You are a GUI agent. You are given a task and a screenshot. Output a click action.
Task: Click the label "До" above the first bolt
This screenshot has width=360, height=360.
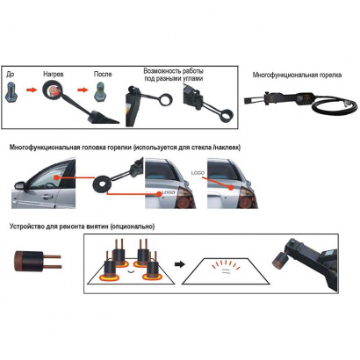[11, 76]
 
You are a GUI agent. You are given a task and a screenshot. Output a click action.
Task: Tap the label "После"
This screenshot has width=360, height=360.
[103, 76]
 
